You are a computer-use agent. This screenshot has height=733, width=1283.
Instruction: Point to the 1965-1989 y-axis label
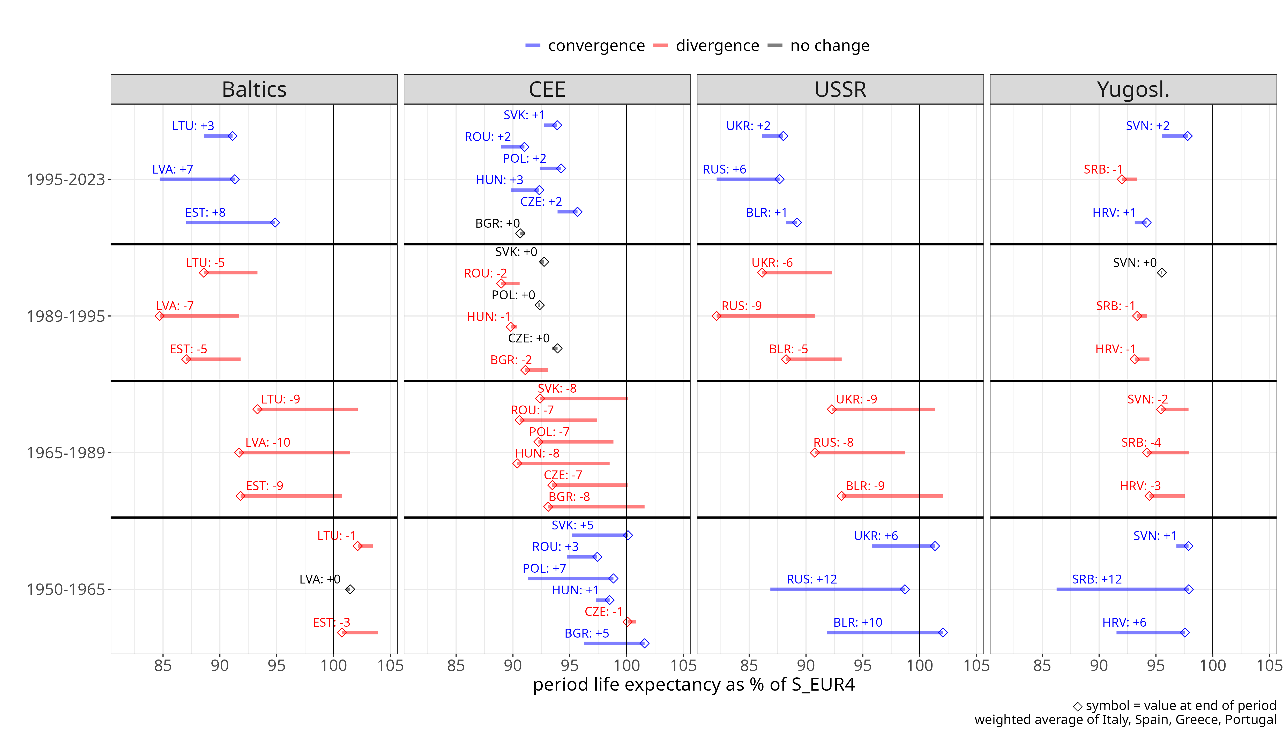[65, 453]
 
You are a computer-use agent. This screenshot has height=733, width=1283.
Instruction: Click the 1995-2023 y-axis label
[65, 179]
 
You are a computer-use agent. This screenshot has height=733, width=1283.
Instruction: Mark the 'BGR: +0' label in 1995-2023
[497, 223]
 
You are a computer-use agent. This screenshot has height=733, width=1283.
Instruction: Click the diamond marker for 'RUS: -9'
[716, 316]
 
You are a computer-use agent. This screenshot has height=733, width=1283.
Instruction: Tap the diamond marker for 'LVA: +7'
[235, 179]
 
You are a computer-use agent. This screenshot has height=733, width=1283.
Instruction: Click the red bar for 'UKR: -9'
[883, 409]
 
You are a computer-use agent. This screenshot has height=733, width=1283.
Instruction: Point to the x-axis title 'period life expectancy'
[693, 685]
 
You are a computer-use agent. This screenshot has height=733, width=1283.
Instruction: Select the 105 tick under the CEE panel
[683, 665]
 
